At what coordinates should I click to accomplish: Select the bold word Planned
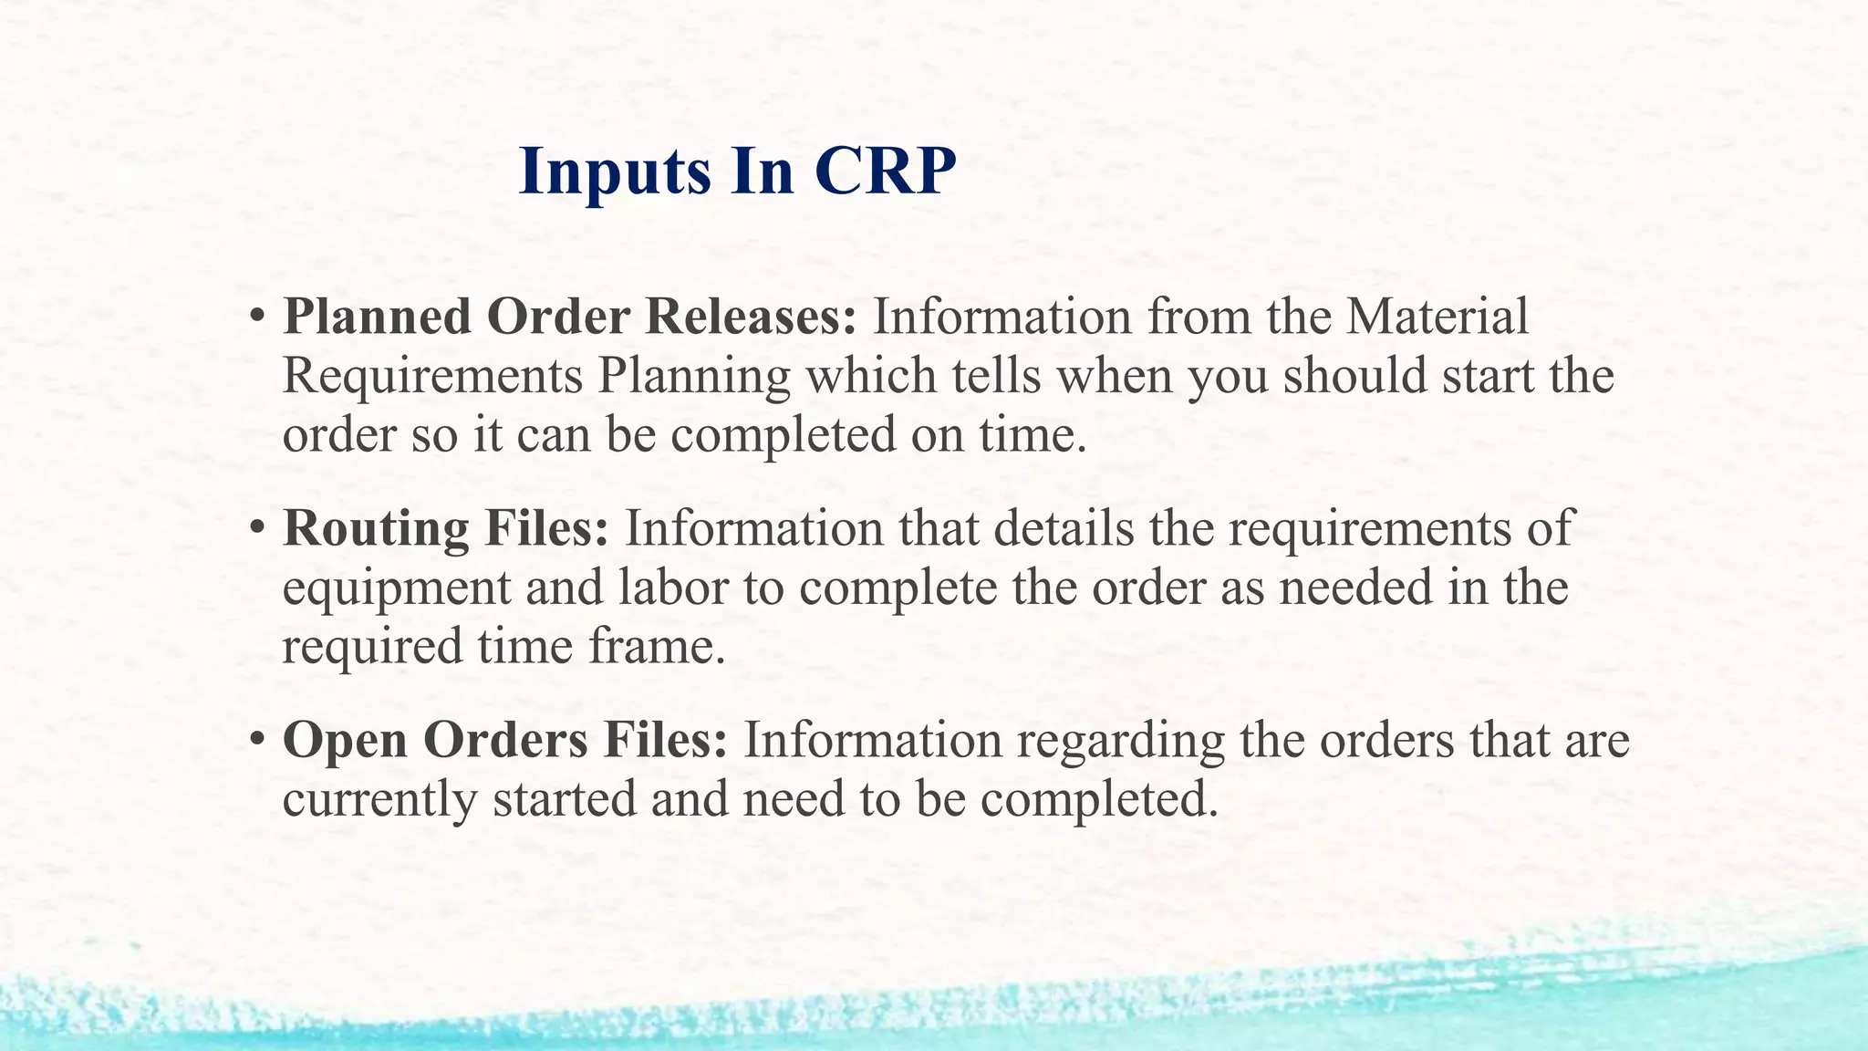[377, 317]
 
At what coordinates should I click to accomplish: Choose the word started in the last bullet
[564, 799]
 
